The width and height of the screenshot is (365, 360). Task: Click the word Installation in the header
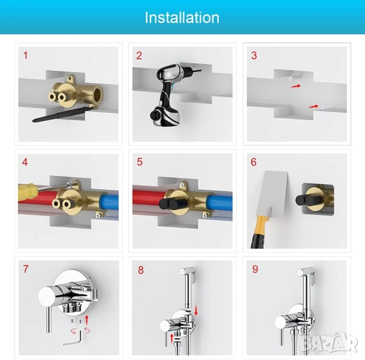tap(182, 18)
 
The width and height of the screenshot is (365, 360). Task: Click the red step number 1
tap(26, 55)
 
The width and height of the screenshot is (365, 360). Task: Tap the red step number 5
tap(140, 162)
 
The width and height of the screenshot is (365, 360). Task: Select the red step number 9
tap(255, 269)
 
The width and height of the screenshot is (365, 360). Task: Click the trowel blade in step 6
tap(271, 193)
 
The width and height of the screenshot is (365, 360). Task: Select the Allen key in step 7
tap(74, 338)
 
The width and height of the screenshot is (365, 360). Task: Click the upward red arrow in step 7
tap(87, 320)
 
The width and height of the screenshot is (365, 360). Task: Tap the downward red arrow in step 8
tap(196, 311)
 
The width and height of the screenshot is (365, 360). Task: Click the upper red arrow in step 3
tap(295, 86)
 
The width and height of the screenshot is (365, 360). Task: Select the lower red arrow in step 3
tap(313, 106)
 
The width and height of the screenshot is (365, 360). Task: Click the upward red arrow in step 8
tap(172, 338)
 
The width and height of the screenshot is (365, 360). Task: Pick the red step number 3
tap(254, 55)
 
